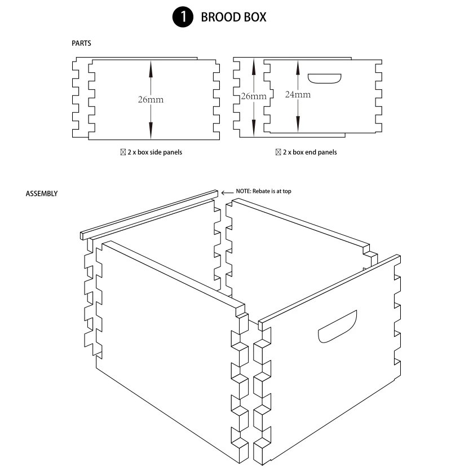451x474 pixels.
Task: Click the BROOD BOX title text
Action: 233,17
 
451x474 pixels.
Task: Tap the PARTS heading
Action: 81,43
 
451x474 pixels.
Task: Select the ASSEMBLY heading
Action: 41,194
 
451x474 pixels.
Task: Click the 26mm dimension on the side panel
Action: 151,99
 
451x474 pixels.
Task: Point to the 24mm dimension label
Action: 297,94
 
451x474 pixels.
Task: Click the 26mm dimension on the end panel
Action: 253,96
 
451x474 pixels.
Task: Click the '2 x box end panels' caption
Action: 309,152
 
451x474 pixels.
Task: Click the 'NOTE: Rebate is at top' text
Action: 263,191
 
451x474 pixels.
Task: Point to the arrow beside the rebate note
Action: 227,192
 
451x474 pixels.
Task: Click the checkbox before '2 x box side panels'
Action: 123,152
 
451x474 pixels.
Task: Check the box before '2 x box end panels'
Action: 278,152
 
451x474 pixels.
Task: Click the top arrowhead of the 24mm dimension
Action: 298,67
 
